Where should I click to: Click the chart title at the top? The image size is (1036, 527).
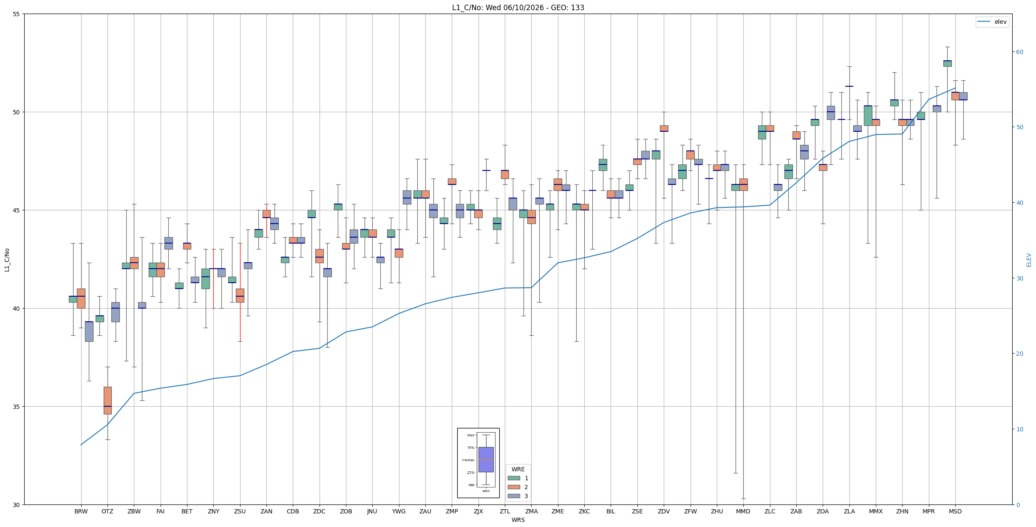[x=518, y=8]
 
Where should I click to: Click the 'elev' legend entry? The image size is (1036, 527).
[x=992, y=22]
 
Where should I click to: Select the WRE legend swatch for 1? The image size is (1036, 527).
[x=514, y=478]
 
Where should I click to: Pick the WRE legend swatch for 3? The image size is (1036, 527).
[x=514, y=496]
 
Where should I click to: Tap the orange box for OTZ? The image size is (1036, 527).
[x=108, y=400]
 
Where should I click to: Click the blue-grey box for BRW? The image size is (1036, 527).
[x=89, y=331]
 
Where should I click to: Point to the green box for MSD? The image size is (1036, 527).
[x=947, y=63]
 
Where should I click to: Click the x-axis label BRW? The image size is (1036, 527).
[x=81, y=511]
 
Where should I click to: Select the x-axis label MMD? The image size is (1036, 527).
[x=743, y=511]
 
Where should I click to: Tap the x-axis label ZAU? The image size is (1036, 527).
[x=425, y=511]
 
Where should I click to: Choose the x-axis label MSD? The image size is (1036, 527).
[x=955, y=511]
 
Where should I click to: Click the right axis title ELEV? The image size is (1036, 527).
[x=1029, y=260]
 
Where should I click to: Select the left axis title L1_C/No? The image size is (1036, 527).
[x=7, y=260]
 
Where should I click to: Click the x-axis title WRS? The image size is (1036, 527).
[x=518, y=520]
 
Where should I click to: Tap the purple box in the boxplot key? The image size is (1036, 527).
[x=486, y=459]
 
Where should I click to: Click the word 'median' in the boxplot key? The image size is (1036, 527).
[x=468, y=460]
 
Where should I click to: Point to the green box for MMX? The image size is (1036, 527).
[x=868, y=116]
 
